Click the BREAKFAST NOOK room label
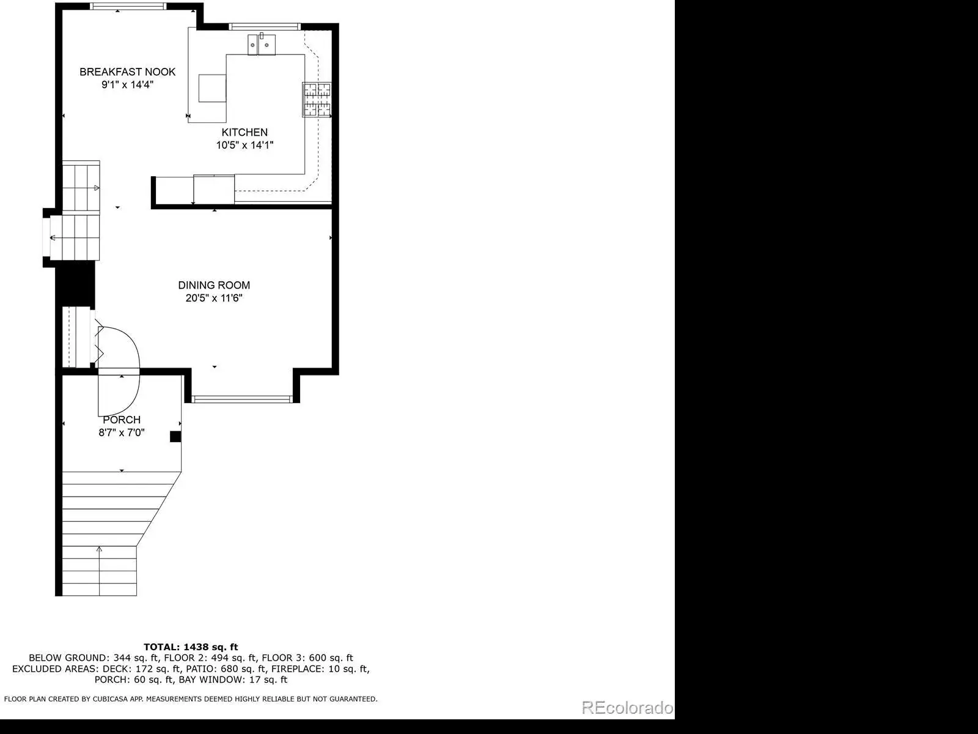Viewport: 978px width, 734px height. pos(127,72)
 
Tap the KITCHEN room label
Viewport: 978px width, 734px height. pos(244,132)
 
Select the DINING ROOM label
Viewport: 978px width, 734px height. pos(214,285)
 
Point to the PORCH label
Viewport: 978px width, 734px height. pos(122,420)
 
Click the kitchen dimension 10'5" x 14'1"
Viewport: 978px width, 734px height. pos(244,145)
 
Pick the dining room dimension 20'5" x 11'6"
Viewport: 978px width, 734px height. pos(214,298)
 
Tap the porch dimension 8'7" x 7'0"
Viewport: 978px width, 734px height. pos(122,432)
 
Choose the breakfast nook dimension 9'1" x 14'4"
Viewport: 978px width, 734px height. pos(127,84)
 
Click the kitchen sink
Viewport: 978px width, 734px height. pos(262,44)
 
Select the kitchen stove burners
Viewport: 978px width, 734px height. pos(317,99)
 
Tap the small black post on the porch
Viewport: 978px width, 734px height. pos(175,436)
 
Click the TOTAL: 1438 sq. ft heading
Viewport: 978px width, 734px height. pos(191,647)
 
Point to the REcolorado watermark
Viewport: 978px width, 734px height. pos(627,707)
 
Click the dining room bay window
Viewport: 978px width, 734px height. pos(242,399)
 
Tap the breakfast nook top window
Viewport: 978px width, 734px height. pos(128,6)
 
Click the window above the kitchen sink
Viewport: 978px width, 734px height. pos(265,27)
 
